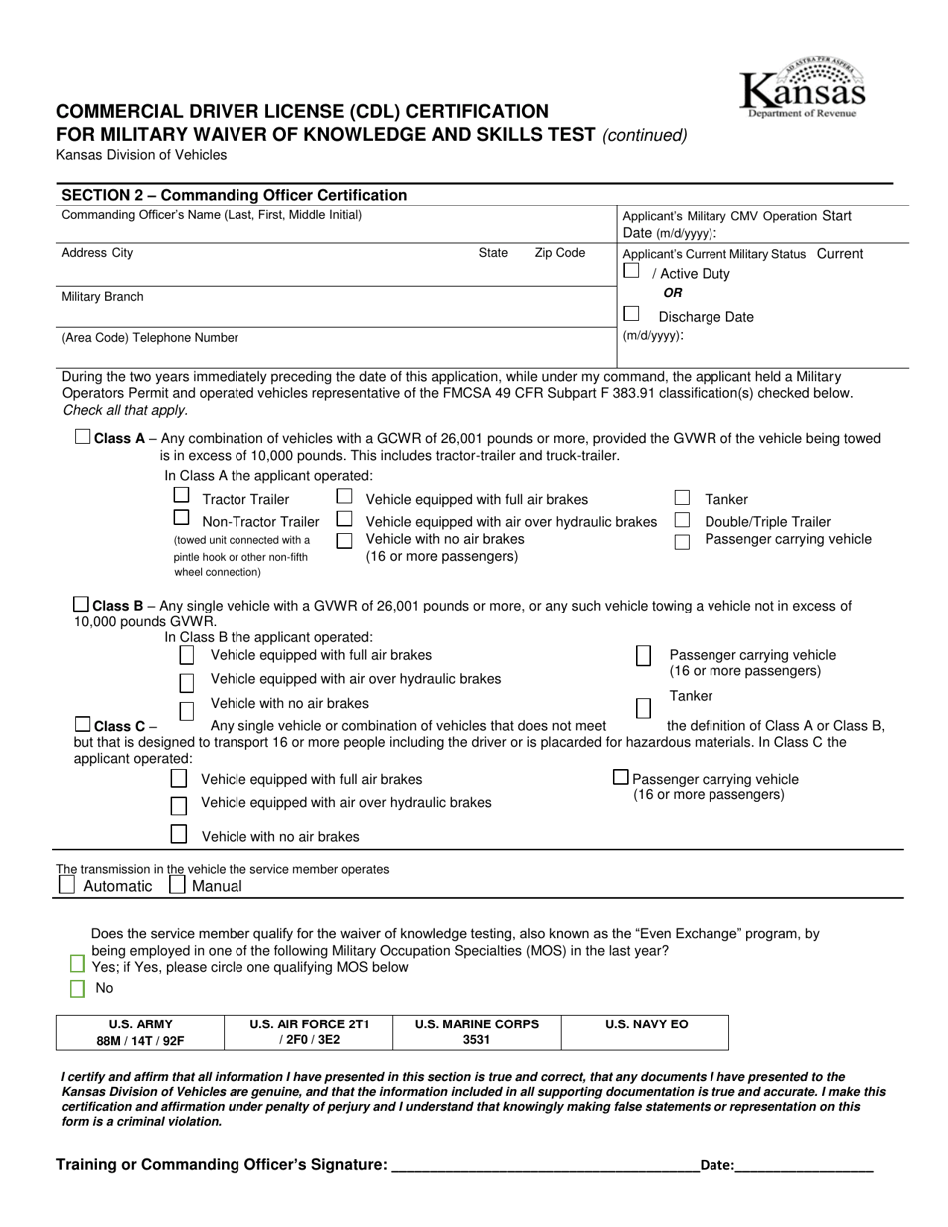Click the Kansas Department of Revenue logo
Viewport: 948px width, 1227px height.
[x=802, y=88]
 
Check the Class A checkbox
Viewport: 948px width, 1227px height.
[x=83, y=437]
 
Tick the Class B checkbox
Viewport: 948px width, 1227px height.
[x=81, y=605]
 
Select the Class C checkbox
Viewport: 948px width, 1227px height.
[x=83, y=724]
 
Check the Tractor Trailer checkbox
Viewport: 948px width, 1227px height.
[x=181, y=495]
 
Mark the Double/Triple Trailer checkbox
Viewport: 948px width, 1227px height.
[x=682, y=520]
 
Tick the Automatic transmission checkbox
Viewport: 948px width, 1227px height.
[x=67, y=884]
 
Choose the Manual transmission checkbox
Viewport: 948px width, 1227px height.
[x=177, y=884]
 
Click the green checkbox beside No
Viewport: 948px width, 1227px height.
[x=77, y=988]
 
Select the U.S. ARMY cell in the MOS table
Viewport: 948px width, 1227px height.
[x=140, y=1032]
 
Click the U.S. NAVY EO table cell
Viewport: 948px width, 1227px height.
[x=645, y=1032]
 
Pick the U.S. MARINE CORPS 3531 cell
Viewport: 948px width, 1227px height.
[x=476, y=1032]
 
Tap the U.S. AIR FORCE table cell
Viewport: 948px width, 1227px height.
[x=309, y=1032]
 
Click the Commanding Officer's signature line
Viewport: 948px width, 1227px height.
[x=546, y=1164]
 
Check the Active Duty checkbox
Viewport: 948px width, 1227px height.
[x=631, y=270]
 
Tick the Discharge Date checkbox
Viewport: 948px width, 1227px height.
[x=631, y=313]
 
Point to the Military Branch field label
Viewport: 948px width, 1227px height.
[x=102, y=297]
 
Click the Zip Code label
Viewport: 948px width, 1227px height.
[x=560, y=253]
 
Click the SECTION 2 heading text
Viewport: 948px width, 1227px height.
[x=235, y=195]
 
